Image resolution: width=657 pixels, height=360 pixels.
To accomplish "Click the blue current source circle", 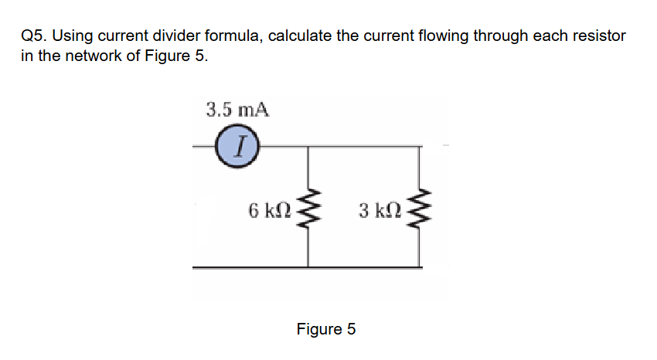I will pos(236,144).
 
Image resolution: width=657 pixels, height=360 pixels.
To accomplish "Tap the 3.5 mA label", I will pos(237,109).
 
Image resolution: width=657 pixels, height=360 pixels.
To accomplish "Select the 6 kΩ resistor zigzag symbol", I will pos(310,209).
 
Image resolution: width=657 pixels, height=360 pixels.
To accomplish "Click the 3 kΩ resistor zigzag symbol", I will pos(421,209).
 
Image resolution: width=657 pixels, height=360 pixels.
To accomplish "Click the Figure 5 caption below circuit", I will pos(326,329).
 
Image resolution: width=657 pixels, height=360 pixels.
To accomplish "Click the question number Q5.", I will pos(35,36).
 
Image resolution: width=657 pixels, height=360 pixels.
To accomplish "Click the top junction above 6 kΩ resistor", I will pos(310,145).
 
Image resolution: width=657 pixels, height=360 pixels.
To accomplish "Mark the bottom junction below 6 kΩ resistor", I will pos(310,267).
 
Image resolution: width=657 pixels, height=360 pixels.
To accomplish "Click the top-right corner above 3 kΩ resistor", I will pos(421,145).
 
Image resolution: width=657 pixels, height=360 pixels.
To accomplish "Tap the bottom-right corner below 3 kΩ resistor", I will pos(421,267).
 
